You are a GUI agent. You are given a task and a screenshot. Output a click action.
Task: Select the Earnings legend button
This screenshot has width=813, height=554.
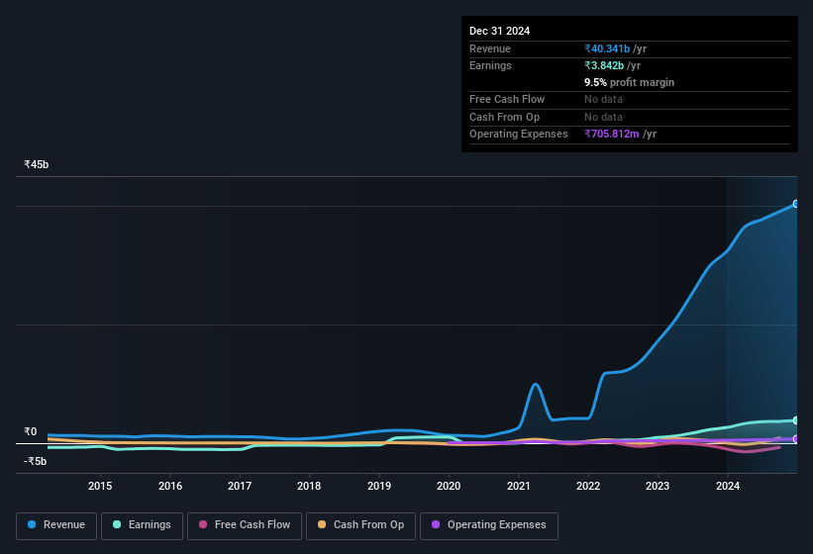point(142,525)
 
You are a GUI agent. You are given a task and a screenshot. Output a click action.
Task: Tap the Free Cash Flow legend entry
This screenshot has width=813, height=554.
point(244,525)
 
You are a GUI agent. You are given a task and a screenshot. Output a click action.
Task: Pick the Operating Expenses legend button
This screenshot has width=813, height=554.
point(489,525)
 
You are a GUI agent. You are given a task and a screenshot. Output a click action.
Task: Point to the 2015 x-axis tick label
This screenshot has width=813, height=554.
point(100,486)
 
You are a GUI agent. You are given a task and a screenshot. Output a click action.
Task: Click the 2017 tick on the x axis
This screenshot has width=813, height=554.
point(240,486)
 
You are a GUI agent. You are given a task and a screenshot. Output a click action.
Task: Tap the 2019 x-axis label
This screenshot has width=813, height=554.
point(378,486)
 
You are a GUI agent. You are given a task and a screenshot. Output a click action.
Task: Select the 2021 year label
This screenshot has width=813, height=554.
point(518,486)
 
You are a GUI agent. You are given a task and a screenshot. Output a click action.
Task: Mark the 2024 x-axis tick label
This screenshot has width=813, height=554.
point(728,486)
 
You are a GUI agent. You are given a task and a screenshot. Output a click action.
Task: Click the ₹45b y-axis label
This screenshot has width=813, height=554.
point(37,164)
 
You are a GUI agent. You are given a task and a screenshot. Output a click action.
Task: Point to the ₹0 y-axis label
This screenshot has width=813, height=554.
point(30,431)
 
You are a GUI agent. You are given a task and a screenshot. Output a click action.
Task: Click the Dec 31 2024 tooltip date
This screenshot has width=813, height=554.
point(499,31)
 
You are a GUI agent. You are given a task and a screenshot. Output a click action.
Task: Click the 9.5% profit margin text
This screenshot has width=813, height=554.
point(629,82)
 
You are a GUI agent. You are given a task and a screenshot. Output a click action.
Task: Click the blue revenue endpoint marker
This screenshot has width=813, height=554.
point(795,204)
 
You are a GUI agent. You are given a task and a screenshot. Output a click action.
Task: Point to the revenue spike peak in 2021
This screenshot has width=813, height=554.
point(536,384)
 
